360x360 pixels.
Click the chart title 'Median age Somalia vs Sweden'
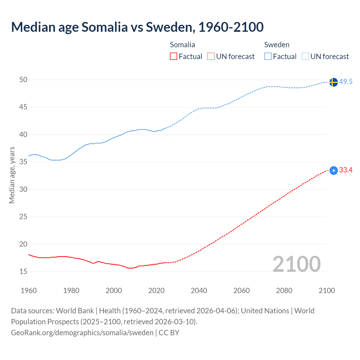137,27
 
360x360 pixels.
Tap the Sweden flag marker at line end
333,82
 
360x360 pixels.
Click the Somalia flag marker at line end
333,170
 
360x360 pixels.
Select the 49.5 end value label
346,82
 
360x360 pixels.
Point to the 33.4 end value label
346,170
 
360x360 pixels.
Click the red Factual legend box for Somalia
174,57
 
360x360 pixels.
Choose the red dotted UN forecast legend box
211,57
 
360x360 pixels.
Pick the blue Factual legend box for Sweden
268,57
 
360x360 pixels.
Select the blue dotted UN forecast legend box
305,57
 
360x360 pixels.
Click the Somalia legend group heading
182,45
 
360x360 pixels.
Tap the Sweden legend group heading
277,45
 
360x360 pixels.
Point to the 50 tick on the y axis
23,80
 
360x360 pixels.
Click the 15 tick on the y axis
23,272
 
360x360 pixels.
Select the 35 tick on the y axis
23,162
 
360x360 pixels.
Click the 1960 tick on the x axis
29,291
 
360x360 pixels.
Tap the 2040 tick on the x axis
199,291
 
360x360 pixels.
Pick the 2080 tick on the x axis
284,291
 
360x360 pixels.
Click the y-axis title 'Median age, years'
12,175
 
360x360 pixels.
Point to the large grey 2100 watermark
296,264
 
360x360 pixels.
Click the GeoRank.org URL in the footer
82,333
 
